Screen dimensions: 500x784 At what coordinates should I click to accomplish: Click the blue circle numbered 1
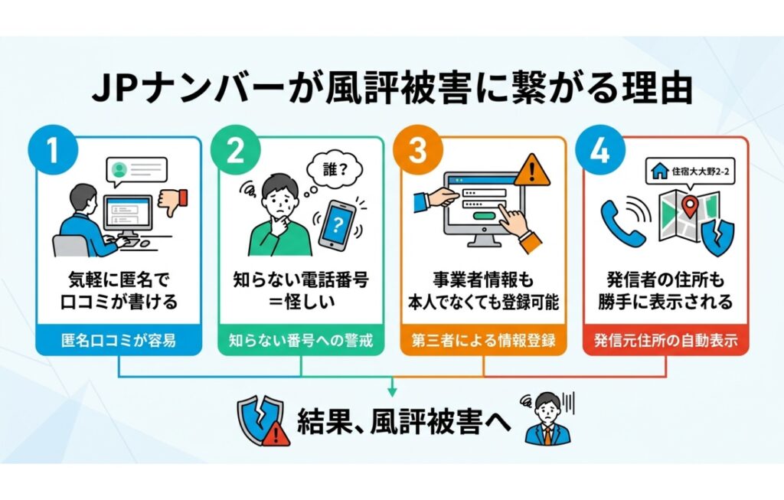pos(52,152)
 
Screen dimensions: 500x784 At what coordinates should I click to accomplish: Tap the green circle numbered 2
pos(235,152)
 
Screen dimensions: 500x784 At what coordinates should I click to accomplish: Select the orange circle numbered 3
pos(416,152)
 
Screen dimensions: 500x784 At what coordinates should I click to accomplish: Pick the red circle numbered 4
pos(599,152)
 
